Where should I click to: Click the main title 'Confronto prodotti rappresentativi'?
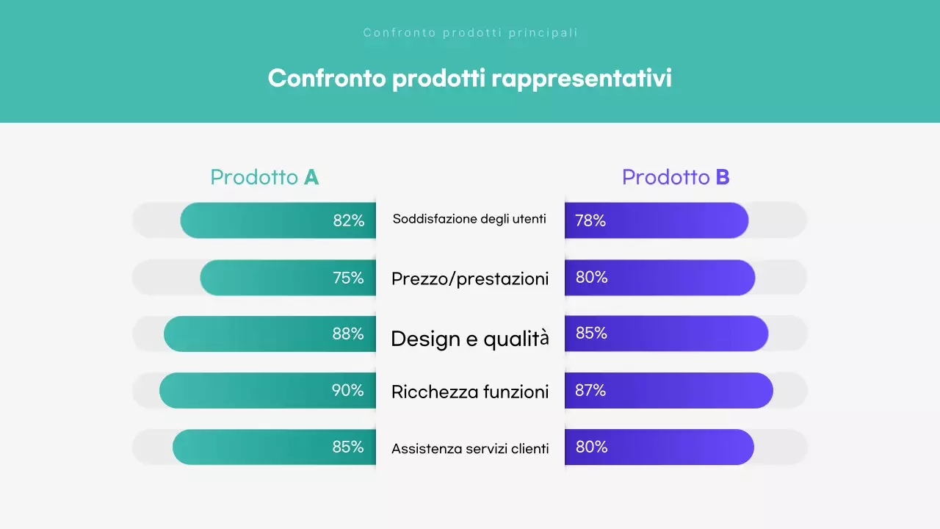click(469, 79)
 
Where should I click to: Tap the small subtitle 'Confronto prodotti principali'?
click(470, 33)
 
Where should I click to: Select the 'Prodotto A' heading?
click(264, 177)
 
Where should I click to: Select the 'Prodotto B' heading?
click(676, 177)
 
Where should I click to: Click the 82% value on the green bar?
click(349, 220)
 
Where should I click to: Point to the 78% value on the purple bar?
click(590, 220)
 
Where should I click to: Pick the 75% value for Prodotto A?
click(348, 278)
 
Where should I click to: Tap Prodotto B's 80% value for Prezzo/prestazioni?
click(591, 278)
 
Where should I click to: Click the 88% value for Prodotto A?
click(348, 334)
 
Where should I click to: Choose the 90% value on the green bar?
click(348, 390)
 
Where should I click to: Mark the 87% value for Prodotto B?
click(590, 390)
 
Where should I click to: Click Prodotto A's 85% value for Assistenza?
click(348, 447)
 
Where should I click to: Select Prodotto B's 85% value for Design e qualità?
click(591, 334)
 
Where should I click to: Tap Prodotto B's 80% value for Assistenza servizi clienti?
click(591, 447)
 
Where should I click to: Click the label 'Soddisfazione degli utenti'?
click(469, 219)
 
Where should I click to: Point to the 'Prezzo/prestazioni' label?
click(470, 278)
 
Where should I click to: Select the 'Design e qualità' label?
click(470, 338)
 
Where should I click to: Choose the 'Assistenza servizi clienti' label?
click(470, 448)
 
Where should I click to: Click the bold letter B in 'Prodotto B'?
click(723, 177)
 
